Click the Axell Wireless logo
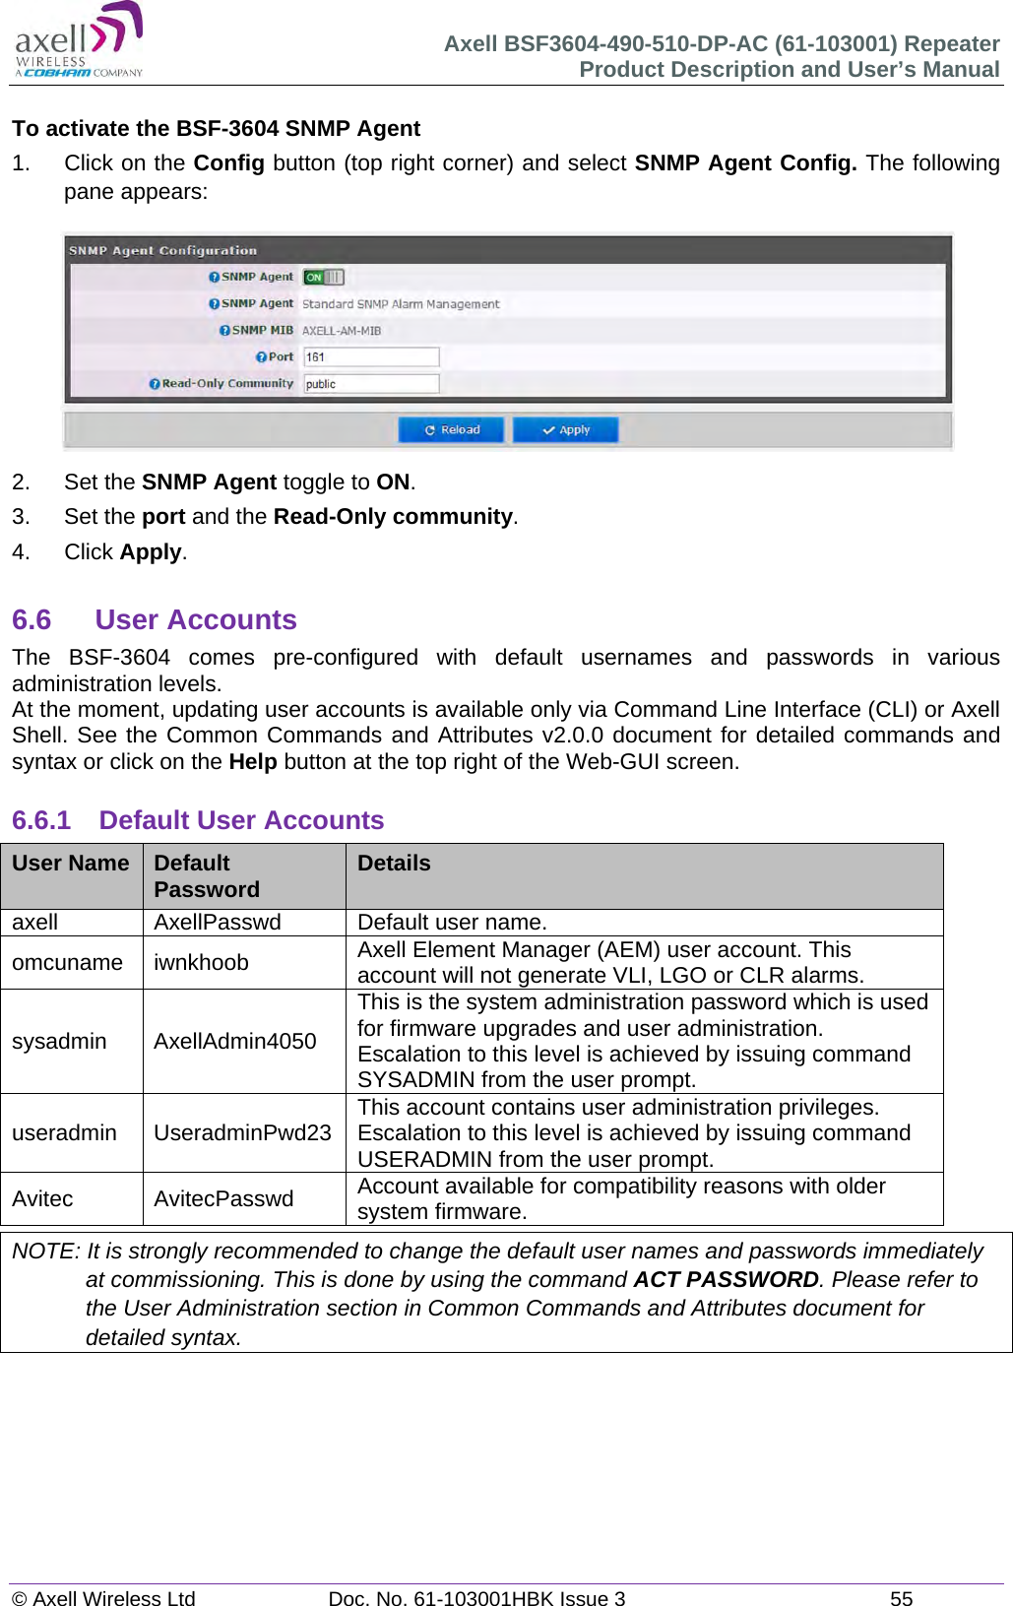pyautogui.click(x=79, y=41)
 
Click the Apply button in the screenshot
pyautogui.click(x=565, y=430)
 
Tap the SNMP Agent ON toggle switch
pyautogui.click(x=323, y=278)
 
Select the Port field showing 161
pyautogui.click(x=370, y=357)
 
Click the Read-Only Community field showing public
pyautogui.click(x=370, y=384)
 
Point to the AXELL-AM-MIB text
pyautogui.click(x=341, y=331)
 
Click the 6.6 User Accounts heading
pyautogui.click(x=155, y=620)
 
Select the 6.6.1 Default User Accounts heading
pyautogui.click(x=198, y=820)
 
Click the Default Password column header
pyautogui.click(x=207, y=875)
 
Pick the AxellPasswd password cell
pyautogui.click(x=218, y=923)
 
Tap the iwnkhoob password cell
pyautogui.click(x=201, y=962)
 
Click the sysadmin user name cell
pyautogui.click(x=59, y=1041)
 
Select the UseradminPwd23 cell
pyautogui.click(x=242, y=1132)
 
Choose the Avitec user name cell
pyautogui.click(x=42, y=1198)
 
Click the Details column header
pyautogui.click(x=394, y=864)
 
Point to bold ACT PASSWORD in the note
pyautogui.click(x=726, y=1279)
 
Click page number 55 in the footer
pyautogui.click(x=901, y=1598)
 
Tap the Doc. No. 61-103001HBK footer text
pyautogui.click(x=476, y=1598)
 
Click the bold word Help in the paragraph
pyautogui.click(x=252, y=762)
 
